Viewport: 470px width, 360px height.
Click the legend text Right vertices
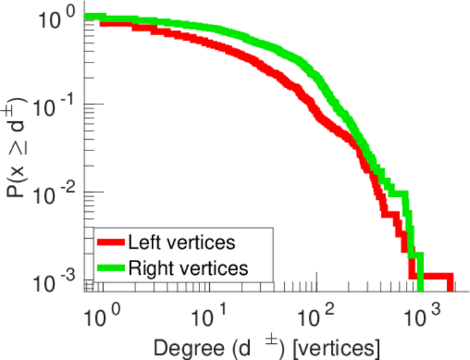click(x=187, y=268)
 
